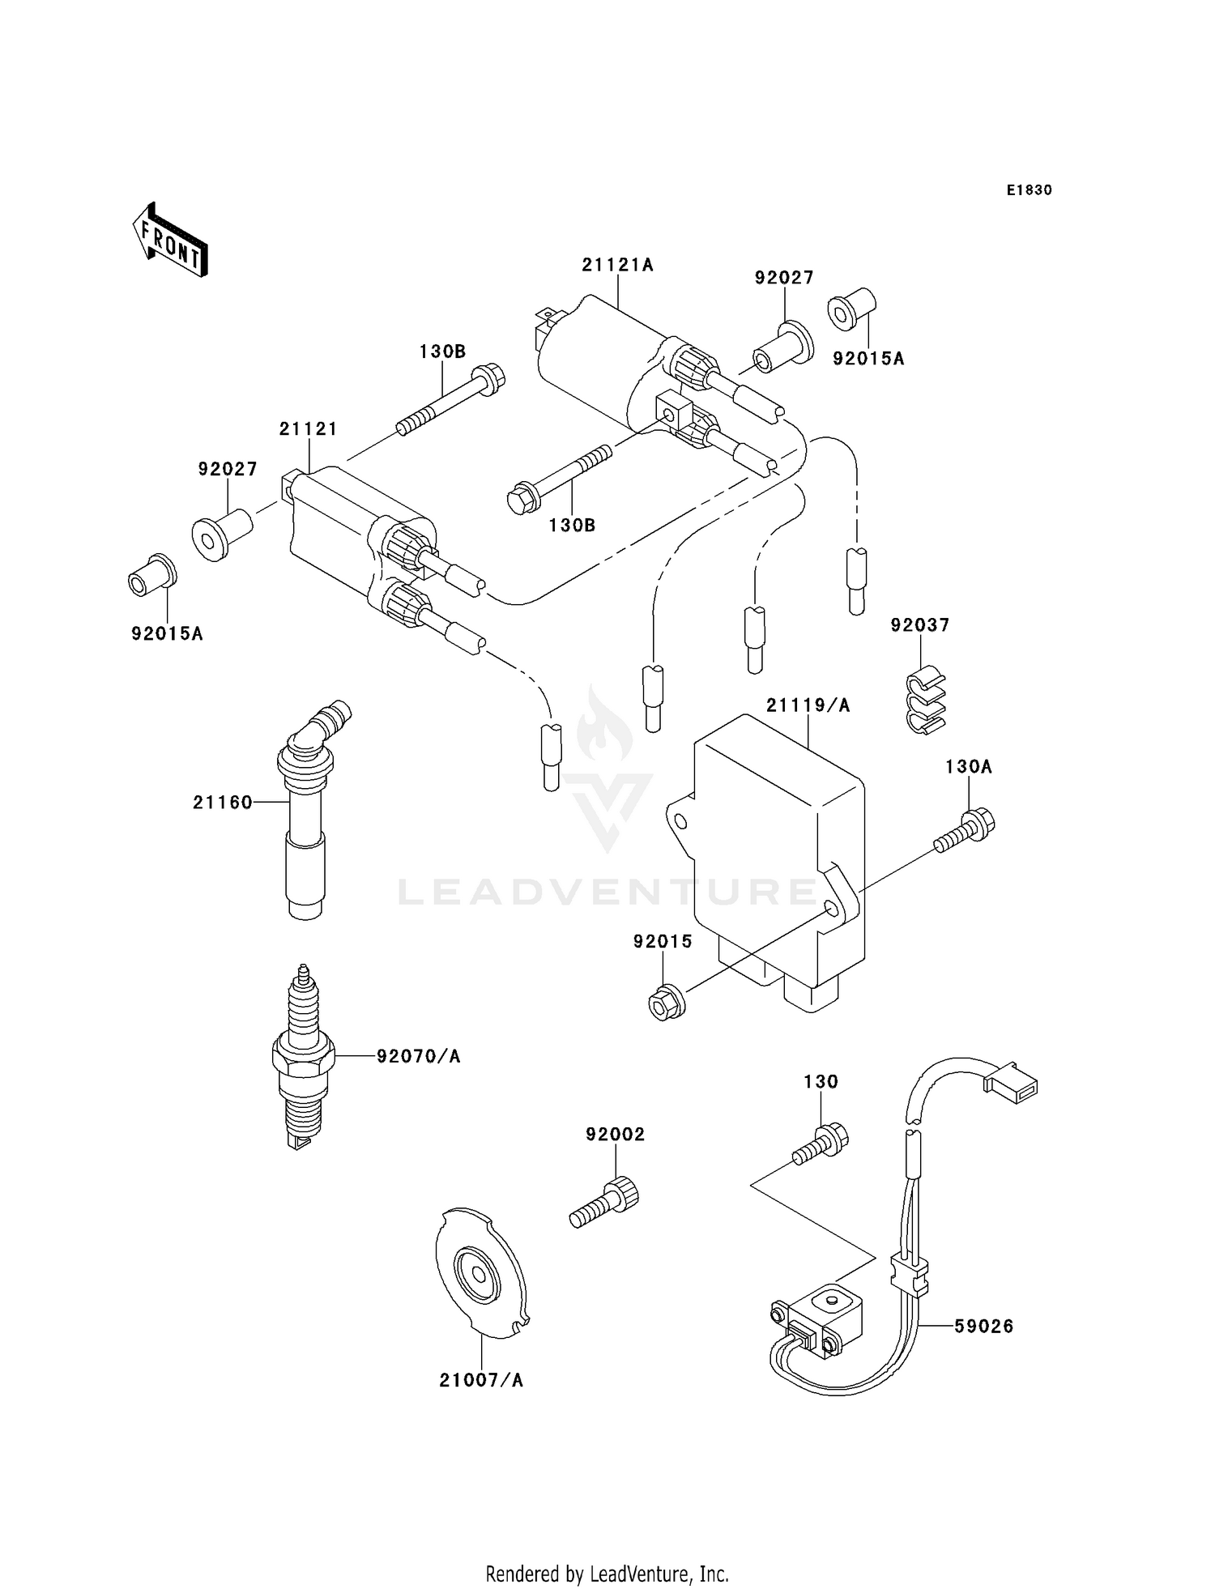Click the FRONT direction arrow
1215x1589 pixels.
(x=171, y=241)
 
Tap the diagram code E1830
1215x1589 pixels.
(x=1029, y=190)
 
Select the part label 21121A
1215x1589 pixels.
(x=617, y=265)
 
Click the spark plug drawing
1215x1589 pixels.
(x=303, y=1057)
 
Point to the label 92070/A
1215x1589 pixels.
(x=418, y=1056)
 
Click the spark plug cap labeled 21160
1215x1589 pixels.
(x=305, y=818)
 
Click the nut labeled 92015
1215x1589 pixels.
(x=667, y=1003)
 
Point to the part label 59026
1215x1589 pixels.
(x=983, y=1327)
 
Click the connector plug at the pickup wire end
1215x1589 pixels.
(x=1011, y=1083)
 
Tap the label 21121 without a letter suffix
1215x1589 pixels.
(x=308, y=429)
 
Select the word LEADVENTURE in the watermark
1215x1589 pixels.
(x=607, y=892)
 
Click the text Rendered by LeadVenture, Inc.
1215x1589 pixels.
(x=607, y=1574)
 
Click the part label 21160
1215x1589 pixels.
(x=223, y=803)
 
